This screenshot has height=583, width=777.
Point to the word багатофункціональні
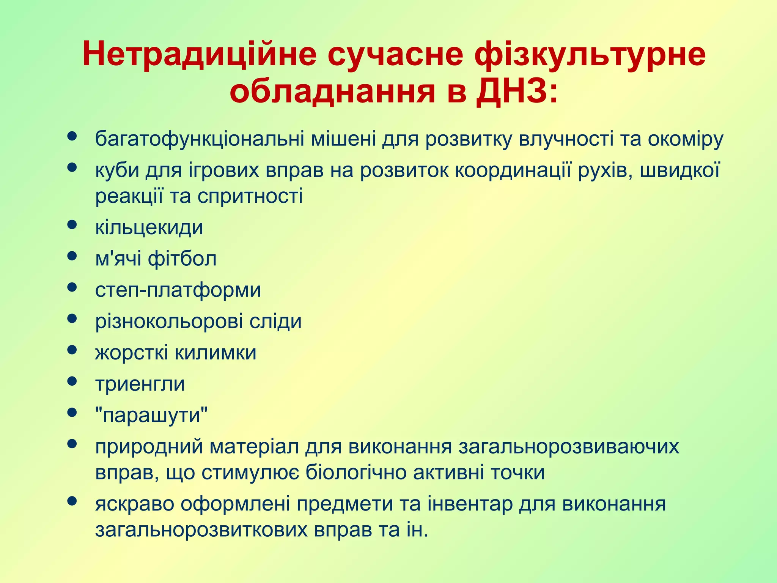pos(200,139)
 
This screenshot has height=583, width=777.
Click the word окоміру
pos(685,139)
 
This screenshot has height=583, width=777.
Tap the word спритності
pos(250,196)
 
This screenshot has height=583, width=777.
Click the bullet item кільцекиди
pos(149,228)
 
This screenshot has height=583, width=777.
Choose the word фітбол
pos(182,259)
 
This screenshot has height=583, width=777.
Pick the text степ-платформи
pos(178,290)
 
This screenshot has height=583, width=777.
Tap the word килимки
pos(215,353)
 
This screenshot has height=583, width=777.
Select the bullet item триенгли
pos(140,384)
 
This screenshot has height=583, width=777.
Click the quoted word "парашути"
pos(151,415)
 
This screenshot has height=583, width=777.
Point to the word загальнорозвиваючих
pos(569,447)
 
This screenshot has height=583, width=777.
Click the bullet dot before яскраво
pos(72,501)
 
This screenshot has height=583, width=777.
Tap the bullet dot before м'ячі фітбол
pos(72,256)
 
